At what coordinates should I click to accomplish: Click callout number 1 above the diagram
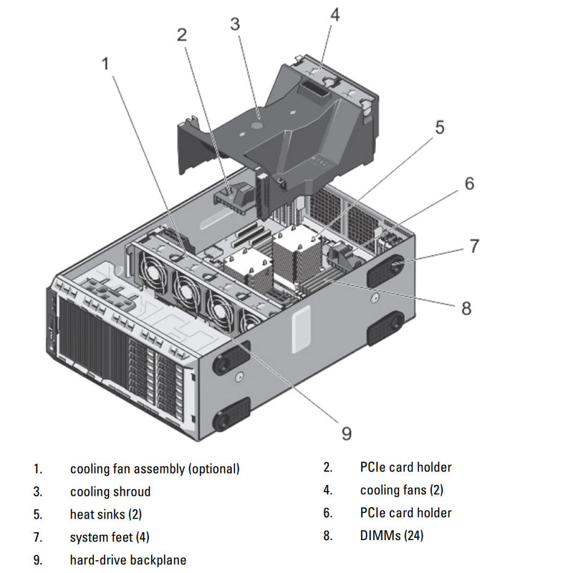[x=105, y=64]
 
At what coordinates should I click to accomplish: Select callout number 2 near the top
[x=183, y=34]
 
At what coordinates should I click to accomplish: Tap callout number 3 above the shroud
[x=235, y=24]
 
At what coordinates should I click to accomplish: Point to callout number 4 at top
[x=334, y=14]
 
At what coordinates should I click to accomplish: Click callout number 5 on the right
[x=439, y=127]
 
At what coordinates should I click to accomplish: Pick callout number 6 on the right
[x=469, y=183]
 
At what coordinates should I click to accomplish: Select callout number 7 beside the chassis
[x=474, y=246]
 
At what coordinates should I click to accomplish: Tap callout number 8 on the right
[x=466, y=308]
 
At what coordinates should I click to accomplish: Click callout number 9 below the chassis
[x=346, y=433]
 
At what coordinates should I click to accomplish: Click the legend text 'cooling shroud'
[x=110, y=491]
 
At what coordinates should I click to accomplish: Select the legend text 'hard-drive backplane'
[x=127, y=559]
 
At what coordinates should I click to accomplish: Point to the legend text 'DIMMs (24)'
[x=393, y=536]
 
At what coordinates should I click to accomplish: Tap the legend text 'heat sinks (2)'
[x=106, y=514]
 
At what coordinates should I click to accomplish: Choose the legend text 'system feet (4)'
[x=110, y=536]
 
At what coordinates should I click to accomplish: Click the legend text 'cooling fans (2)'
[x=402, y=491]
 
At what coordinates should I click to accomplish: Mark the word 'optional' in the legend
[x=213, y=468]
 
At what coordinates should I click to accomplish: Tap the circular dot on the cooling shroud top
[x=257, y=123]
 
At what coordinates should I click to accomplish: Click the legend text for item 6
[x=405, y=513]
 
